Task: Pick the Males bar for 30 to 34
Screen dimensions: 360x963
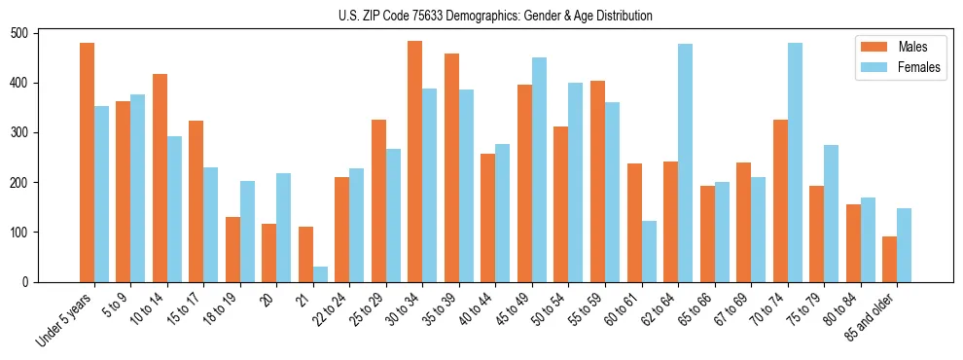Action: [x=415, y=162]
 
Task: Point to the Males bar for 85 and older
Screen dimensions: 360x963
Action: [x=889, y=259]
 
